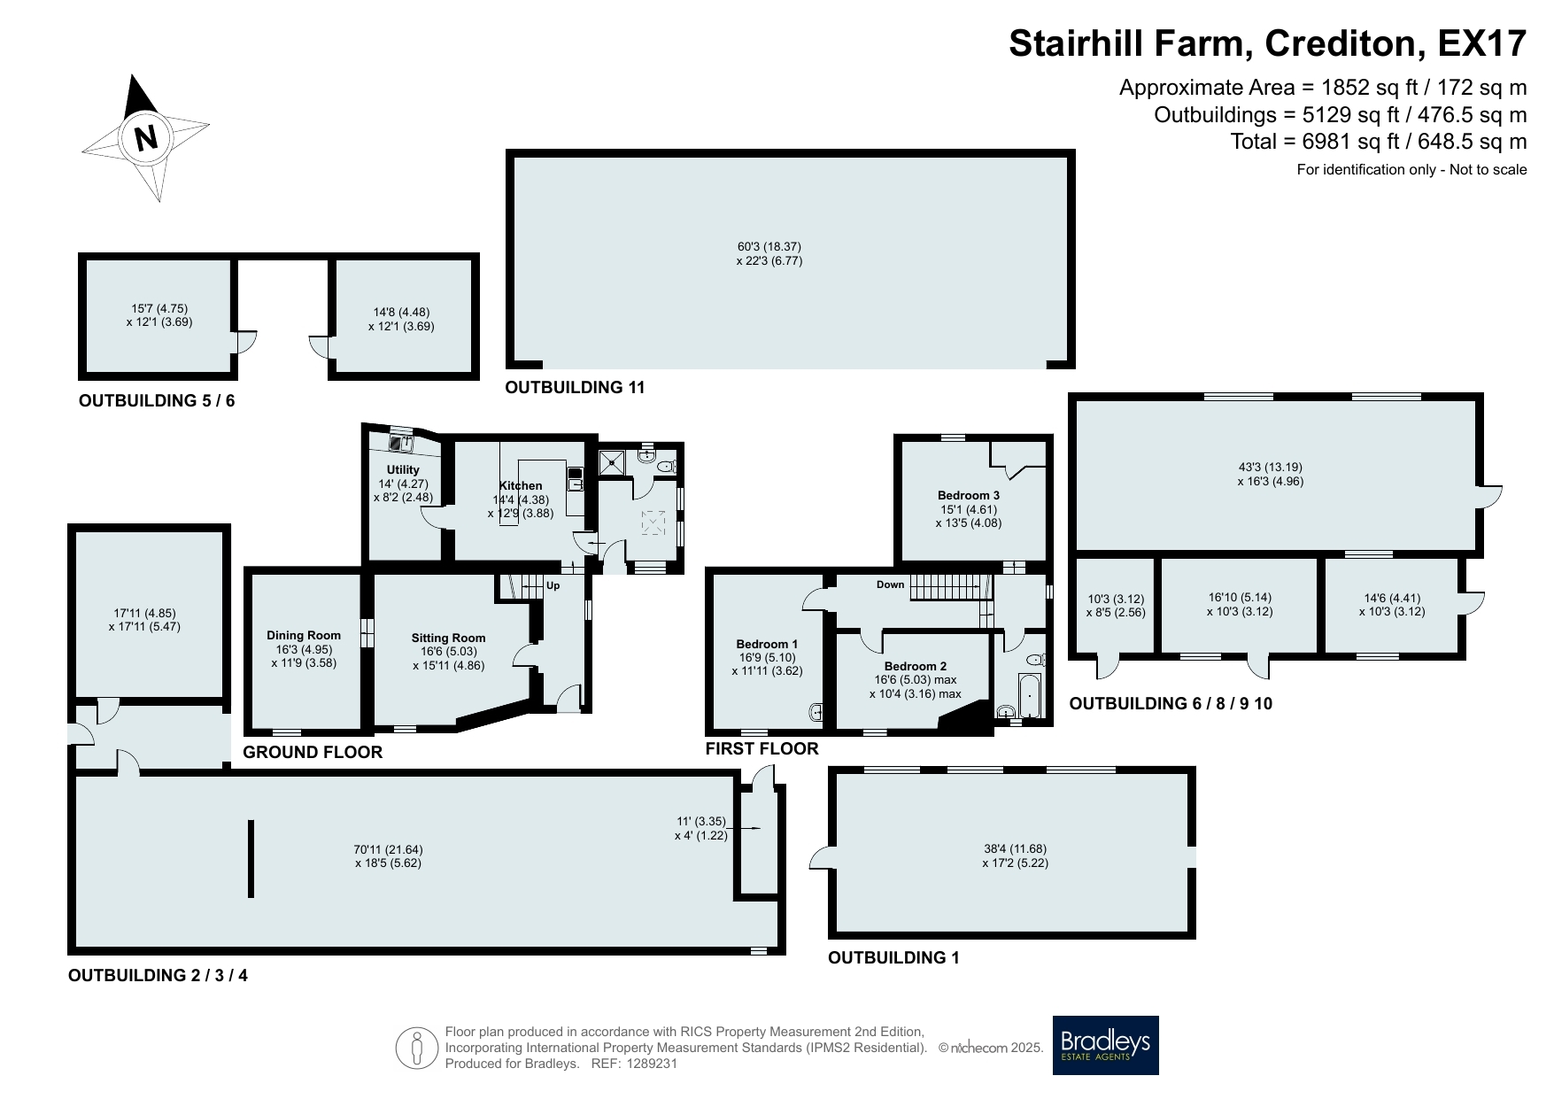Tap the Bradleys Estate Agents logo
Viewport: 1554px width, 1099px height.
point(1105,1045)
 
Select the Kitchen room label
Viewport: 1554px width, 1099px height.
point(521,485)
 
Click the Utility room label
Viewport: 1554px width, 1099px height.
point(403,469)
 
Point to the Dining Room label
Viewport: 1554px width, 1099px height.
point(304,635)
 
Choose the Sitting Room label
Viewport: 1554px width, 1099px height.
point(448,638)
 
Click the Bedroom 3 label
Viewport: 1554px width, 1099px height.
point(969,495)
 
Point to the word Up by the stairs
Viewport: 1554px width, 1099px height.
point(553,585)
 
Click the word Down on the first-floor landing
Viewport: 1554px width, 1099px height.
point(891,584)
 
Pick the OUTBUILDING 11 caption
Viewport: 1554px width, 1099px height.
point(575,387)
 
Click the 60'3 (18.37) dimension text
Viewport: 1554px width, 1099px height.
point(769,247)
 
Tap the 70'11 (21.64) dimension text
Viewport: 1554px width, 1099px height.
point(388,849)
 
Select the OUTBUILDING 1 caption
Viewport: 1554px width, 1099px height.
point(893,957)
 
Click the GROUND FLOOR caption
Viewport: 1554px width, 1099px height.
point(313,752)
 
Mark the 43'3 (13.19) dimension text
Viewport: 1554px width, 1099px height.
point(1271,468)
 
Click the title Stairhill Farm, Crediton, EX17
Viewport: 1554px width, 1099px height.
point(1268,43)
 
